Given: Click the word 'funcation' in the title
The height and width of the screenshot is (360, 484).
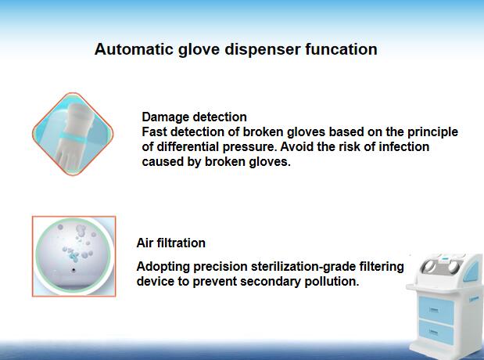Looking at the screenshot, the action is click(x=341, y=49).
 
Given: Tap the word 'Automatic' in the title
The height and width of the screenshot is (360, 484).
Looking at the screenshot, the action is click(x=134, y=49).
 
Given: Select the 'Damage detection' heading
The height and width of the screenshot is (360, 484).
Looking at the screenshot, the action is click(x=194, y=117).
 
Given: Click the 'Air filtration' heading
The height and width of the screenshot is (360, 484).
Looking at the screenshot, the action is click(x=170, y=243).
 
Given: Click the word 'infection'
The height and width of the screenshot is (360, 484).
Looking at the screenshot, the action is click(x=403, y=147).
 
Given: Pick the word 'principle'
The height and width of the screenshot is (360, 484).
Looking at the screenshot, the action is click(x=432, y=132).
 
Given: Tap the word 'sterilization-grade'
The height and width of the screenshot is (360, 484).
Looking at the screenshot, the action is click(x=303, y=267).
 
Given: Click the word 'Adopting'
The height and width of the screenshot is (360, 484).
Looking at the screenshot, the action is click(x=163, y=267).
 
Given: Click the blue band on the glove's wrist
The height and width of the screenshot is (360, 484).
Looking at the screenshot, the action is click(x=72, y=137).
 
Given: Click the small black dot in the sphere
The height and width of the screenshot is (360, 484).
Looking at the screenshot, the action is click(x=73, y=270).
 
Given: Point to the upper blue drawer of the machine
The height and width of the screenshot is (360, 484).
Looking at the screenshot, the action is click(x=436, y=309).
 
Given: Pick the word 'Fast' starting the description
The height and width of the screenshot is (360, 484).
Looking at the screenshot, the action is click(x=154, y=132).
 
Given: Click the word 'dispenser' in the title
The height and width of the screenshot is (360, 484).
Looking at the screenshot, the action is click(x=263, y=49).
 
